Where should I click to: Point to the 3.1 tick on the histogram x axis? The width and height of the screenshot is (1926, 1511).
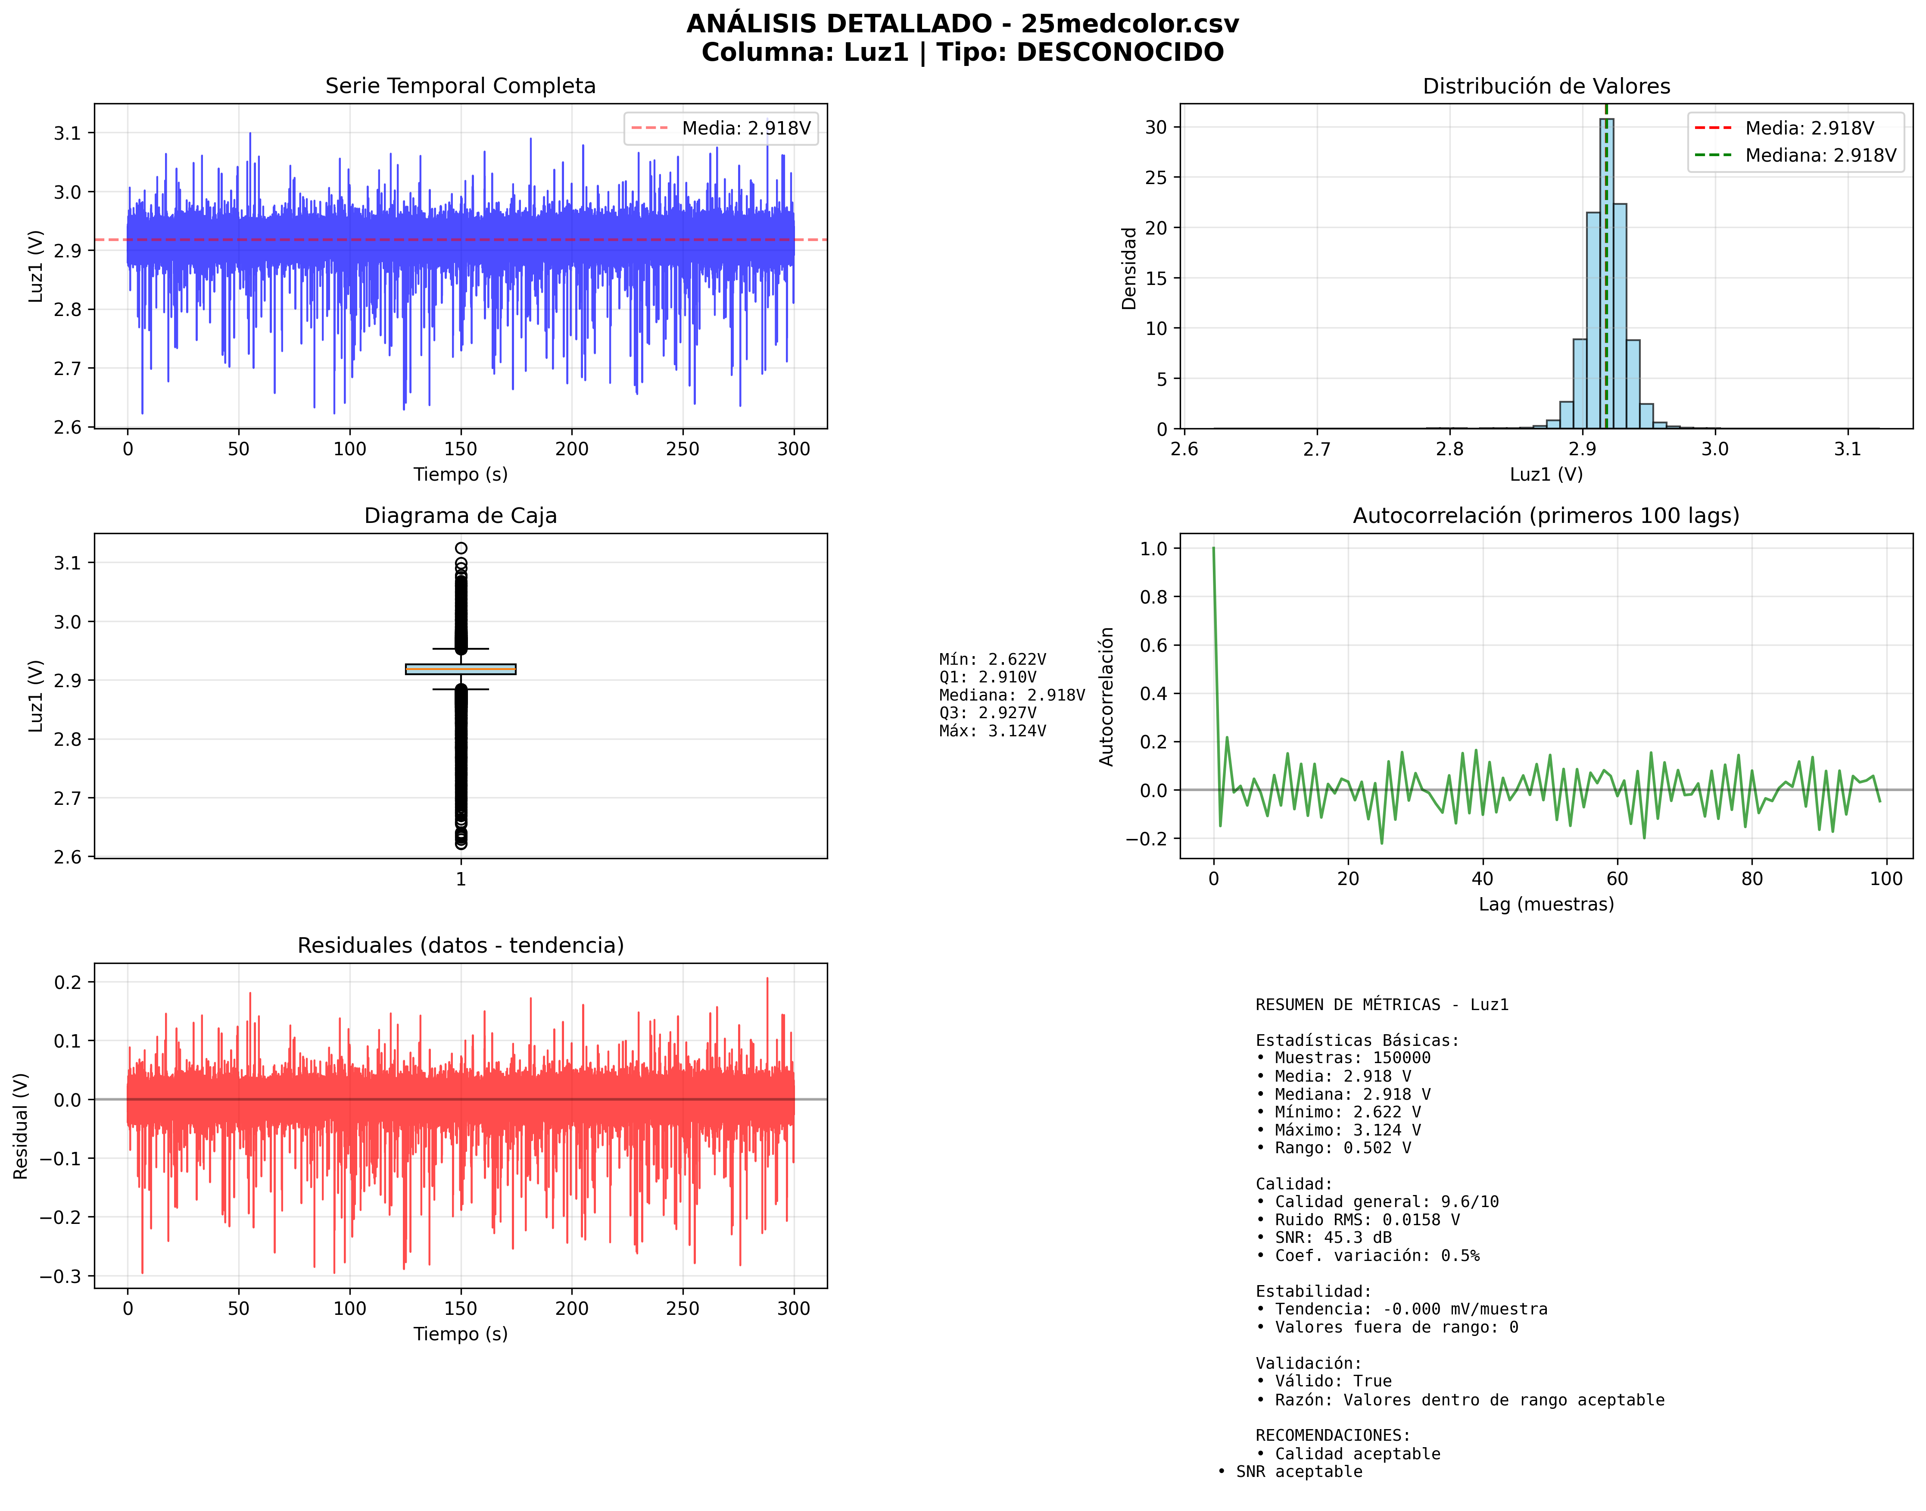pyautogui.click(x=1847, y=448)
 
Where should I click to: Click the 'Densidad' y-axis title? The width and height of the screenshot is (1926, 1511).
pyautogui.click(x=1129, y=268)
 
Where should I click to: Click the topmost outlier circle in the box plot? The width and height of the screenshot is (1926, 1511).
pyautogui.click(x=461, y=548)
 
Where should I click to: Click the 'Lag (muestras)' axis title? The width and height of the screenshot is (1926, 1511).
pyautogui.click(x=1546, y=904)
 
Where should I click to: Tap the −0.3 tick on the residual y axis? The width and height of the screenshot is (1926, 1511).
pyautogui.click(x=60, y=1276)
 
